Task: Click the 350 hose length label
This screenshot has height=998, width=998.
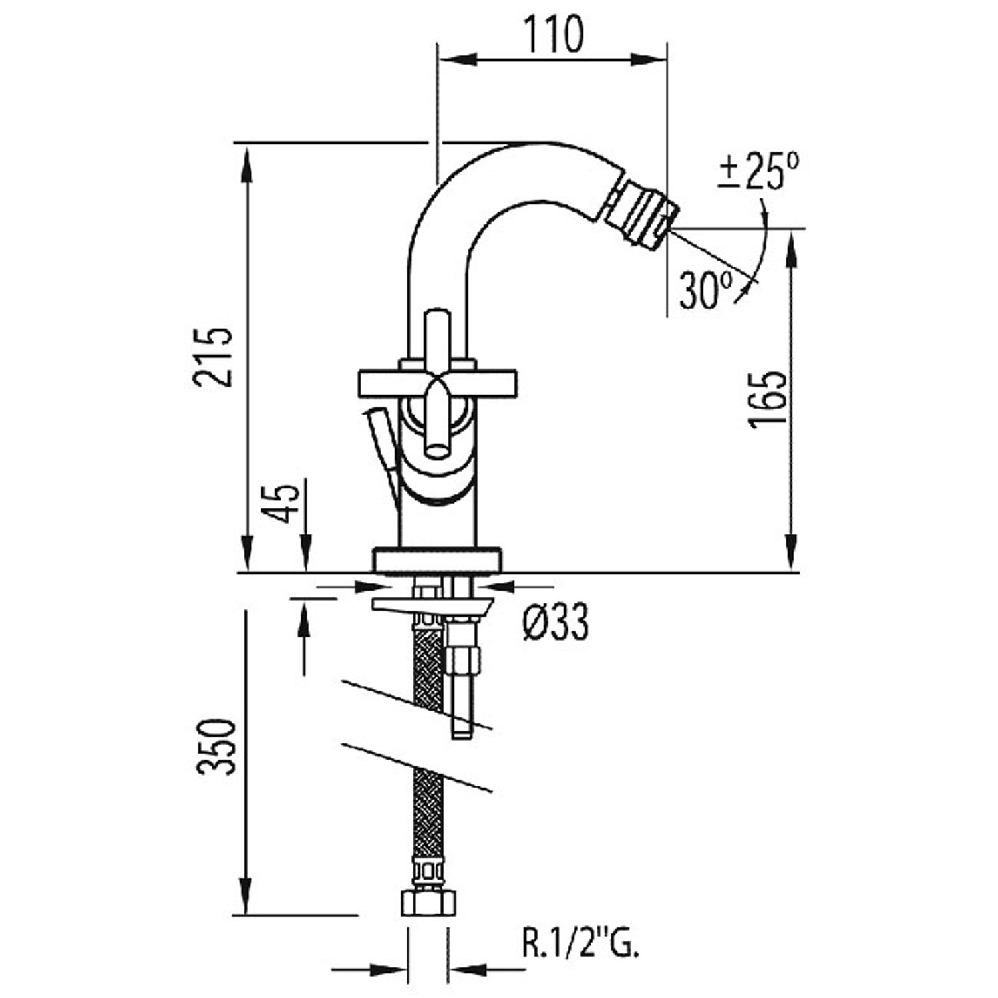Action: point(216,746)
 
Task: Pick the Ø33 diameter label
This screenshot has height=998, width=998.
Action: point(556,624)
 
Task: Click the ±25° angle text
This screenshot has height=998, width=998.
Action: point(760,172)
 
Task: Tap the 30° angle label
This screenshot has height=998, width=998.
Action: point(706,291)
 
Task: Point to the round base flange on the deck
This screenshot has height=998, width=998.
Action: point(436,560)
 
